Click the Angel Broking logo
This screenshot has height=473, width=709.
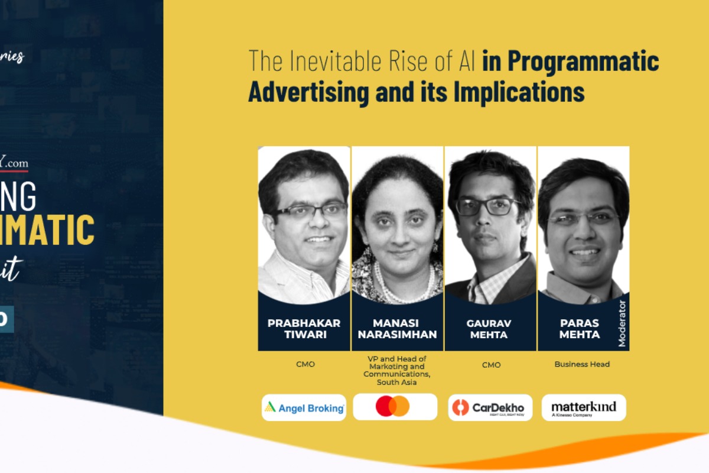pyautogui.click(x=304, y=407)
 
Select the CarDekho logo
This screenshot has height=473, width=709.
pyautogui.click(x=490, y=407)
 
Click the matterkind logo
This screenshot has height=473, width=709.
pyautogui.click(x=583, y=407)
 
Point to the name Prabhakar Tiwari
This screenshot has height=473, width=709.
pyautogui.click(x=304, y=329)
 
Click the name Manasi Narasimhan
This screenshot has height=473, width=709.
pyautogui.click(x=397, y=329)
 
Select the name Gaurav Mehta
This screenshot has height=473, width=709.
pyautogui.click(x=490, y=329)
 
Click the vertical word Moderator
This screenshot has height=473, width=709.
pyautogui.click(x=622, y=323)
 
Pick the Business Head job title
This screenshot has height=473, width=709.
pyautogui.click(x=582, y=364)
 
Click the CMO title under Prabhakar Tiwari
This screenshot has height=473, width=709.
pyautogui.click(x=305, y=364)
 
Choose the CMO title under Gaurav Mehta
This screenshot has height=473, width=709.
pyautogui.click(x=491, y=365)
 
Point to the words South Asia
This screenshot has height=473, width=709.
pyautogui.click(x=397, y=382)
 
